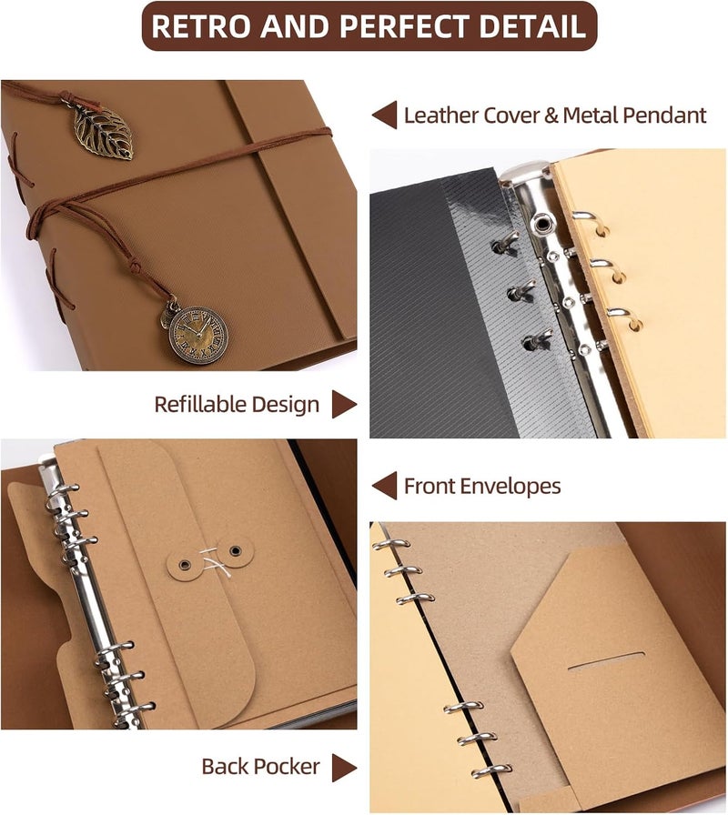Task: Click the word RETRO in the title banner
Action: click(x=201, y=26)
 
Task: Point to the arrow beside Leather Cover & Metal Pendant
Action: click(x=385, y=116)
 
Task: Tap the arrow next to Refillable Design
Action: click(x=344, y=405)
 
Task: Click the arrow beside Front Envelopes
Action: click(x=385, y=486)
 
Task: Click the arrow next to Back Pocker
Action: click(x=344, y=767)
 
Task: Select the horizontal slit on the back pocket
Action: click(x=606, y=660)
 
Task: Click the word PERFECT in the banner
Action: click(x=407, y=26)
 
